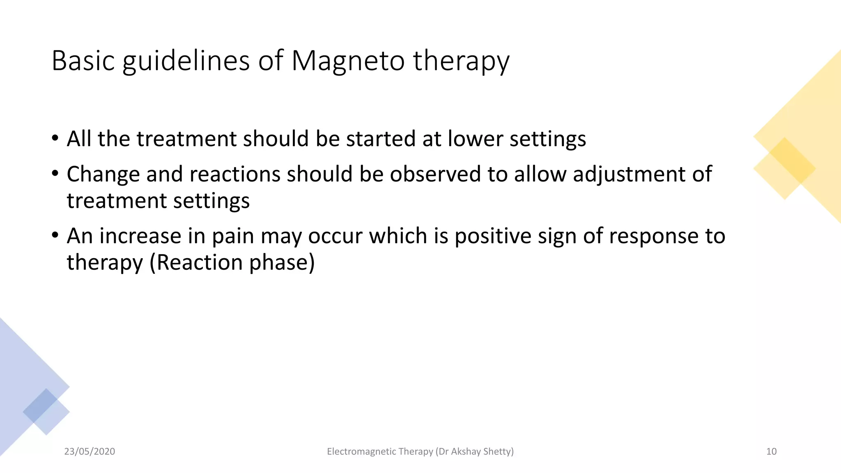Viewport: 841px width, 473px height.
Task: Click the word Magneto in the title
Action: coord(348,61)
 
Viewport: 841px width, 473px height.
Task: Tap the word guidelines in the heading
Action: coord(186,61)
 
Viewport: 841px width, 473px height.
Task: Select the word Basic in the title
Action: coord(83,61)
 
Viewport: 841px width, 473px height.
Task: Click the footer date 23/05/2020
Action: coord(90,452)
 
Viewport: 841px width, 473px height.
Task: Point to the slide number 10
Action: coord(771,452)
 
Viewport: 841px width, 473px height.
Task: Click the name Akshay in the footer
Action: coord(466,452)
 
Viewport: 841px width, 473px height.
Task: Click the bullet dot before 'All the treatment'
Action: coord(55,138)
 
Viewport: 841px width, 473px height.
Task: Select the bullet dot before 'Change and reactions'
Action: coord(55,174)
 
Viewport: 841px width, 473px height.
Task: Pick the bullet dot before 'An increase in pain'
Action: coord(55,235)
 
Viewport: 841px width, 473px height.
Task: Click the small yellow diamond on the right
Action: coord(784,169)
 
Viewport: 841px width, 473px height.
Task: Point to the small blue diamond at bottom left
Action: coord(46,411)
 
